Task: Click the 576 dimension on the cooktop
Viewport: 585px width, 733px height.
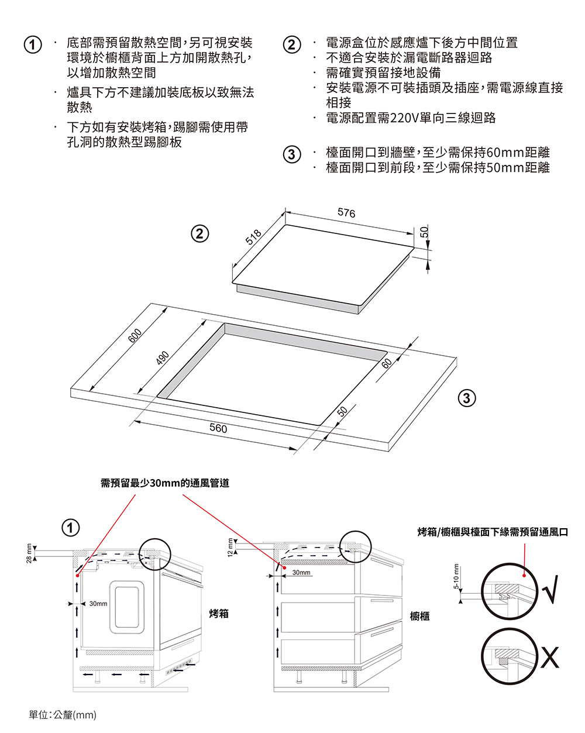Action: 346,214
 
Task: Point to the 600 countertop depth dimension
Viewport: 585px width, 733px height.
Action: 135,336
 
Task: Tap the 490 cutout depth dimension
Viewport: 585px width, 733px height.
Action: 163,357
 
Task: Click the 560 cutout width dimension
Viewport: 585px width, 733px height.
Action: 218,429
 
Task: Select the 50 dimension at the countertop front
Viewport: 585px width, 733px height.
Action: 343,411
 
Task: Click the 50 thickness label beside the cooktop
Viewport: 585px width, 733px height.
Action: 425,232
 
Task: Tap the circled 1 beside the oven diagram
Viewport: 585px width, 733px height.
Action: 70,528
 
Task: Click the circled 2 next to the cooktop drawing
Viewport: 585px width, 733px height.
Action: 200,233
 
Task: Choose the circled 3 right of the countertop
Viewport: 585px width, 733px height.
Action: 466,399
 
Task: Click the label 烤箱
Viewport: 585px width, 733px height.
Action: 219,614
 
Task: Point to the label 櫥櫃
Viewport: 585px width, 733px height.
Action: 419,616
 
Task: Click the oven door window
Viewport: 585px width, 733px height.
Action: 126,605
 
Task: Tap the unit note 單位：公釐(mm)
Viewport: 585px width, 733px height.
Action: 63,715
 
